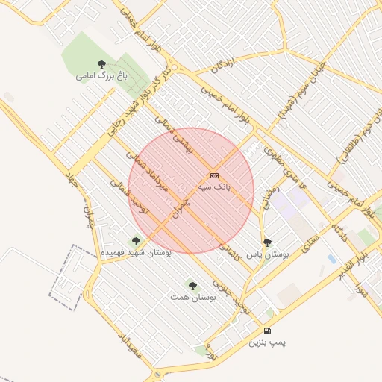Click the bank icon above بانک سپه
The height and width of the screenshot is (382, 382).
point(214,175)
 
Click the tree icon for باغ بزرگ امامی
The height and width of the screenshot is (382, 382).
point(101,64)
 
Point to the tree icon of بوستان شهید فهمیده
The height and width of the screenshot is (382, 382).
point(135,241)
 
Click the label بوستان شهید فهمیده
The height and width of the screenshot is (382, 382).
point(137,253)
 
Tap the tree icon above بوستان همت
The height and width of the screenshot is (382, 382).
point(192,285)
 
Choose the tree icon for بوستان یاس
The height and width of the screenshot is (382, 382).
point(268,242)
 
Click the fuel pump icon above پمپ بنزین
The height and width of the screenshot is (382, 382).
point(267,331)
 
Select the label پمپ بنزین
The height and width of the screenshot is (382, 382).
point(267,342)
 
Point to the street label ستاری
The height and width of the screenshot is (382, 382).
point(310,242)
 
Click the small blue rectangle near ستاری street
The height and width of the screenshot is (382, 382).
point(331,259)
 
